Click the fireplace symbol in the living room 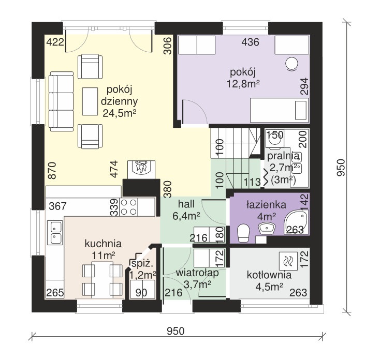[141, 170]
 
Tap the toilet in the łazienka [243, 233]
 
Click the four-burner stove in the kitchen [128, 207]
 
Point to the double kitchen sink [56, 232]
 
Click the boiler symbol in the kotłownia [288, 261]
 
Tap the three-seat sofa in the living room [61, 101]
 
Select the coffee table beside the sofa [90, 101]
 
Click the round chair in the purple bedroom [291, 64]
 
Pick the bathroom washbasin [267, 228]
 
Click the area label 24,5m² [119, 113]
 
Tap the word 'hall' [186, 204]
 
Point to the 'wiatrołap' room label [197, 273]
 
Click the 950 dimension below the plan [176, 331]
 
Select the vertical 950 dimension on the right [341, 168]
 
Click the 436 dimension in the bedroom [251, 42]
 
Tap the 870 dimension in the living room [52, 171]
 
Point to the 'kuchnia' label [103, 244]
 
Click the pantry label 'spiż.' [142, 264]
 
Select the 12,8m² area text [243, 84]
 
